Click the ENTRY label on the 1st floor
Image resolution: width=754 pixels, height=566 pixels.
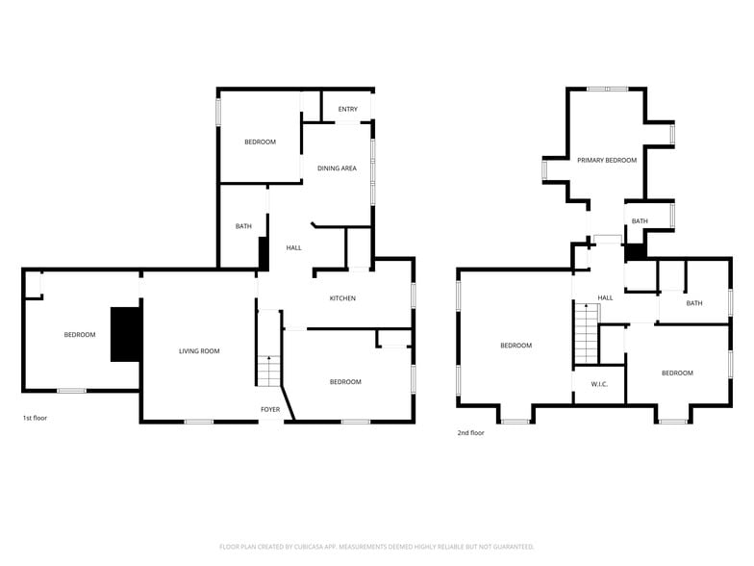[x=347, y=110]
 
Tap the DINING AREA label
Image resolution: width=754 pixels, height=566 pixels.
[x=337, y=168]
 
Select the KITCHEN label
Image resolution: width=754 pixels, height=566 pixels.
[x=342, y=298]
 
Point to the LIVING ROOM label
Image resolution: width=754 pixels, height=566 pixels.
[x=199, y=351]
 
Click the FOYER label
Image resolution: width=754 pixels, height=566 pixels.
[x=270, y=409]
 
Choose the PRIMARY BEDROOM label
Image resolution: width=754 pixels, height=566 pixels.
[x=607, y=160]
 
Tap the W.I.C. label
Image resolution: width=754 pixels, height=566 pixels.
[x=598, y=385]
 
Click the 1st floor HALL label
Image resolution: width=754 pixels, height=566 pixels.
[x=294, y=248]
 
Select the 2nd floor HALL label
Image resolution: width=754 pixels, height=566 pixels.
[x=605, y=298]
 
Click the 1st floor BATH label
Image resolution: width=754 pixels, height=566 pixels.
[x=243, y=227]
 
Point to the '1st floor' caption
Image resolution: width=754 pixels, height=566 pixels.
[x=35, y=419]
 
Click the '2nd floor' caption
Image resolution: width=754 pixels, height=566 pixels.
[x=471, y=433]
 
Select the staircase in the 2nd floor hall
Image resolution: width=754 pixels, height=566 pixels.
[x=586, y=332]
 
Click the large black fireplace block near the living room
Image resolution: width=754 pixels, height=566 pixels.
[x=126, y=334]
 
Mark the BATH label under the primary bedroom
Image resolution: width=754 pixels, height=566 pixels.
[x=640, y=221]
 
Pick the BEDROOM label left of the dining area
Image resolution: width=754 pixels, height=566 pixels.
[x=260, y=142]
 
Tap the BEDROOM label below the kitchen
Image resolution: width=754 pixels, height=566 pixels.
[x=345, y=382]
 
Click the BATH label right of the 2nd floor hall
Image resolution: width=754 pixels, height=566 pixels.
[x=693, y=303]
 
